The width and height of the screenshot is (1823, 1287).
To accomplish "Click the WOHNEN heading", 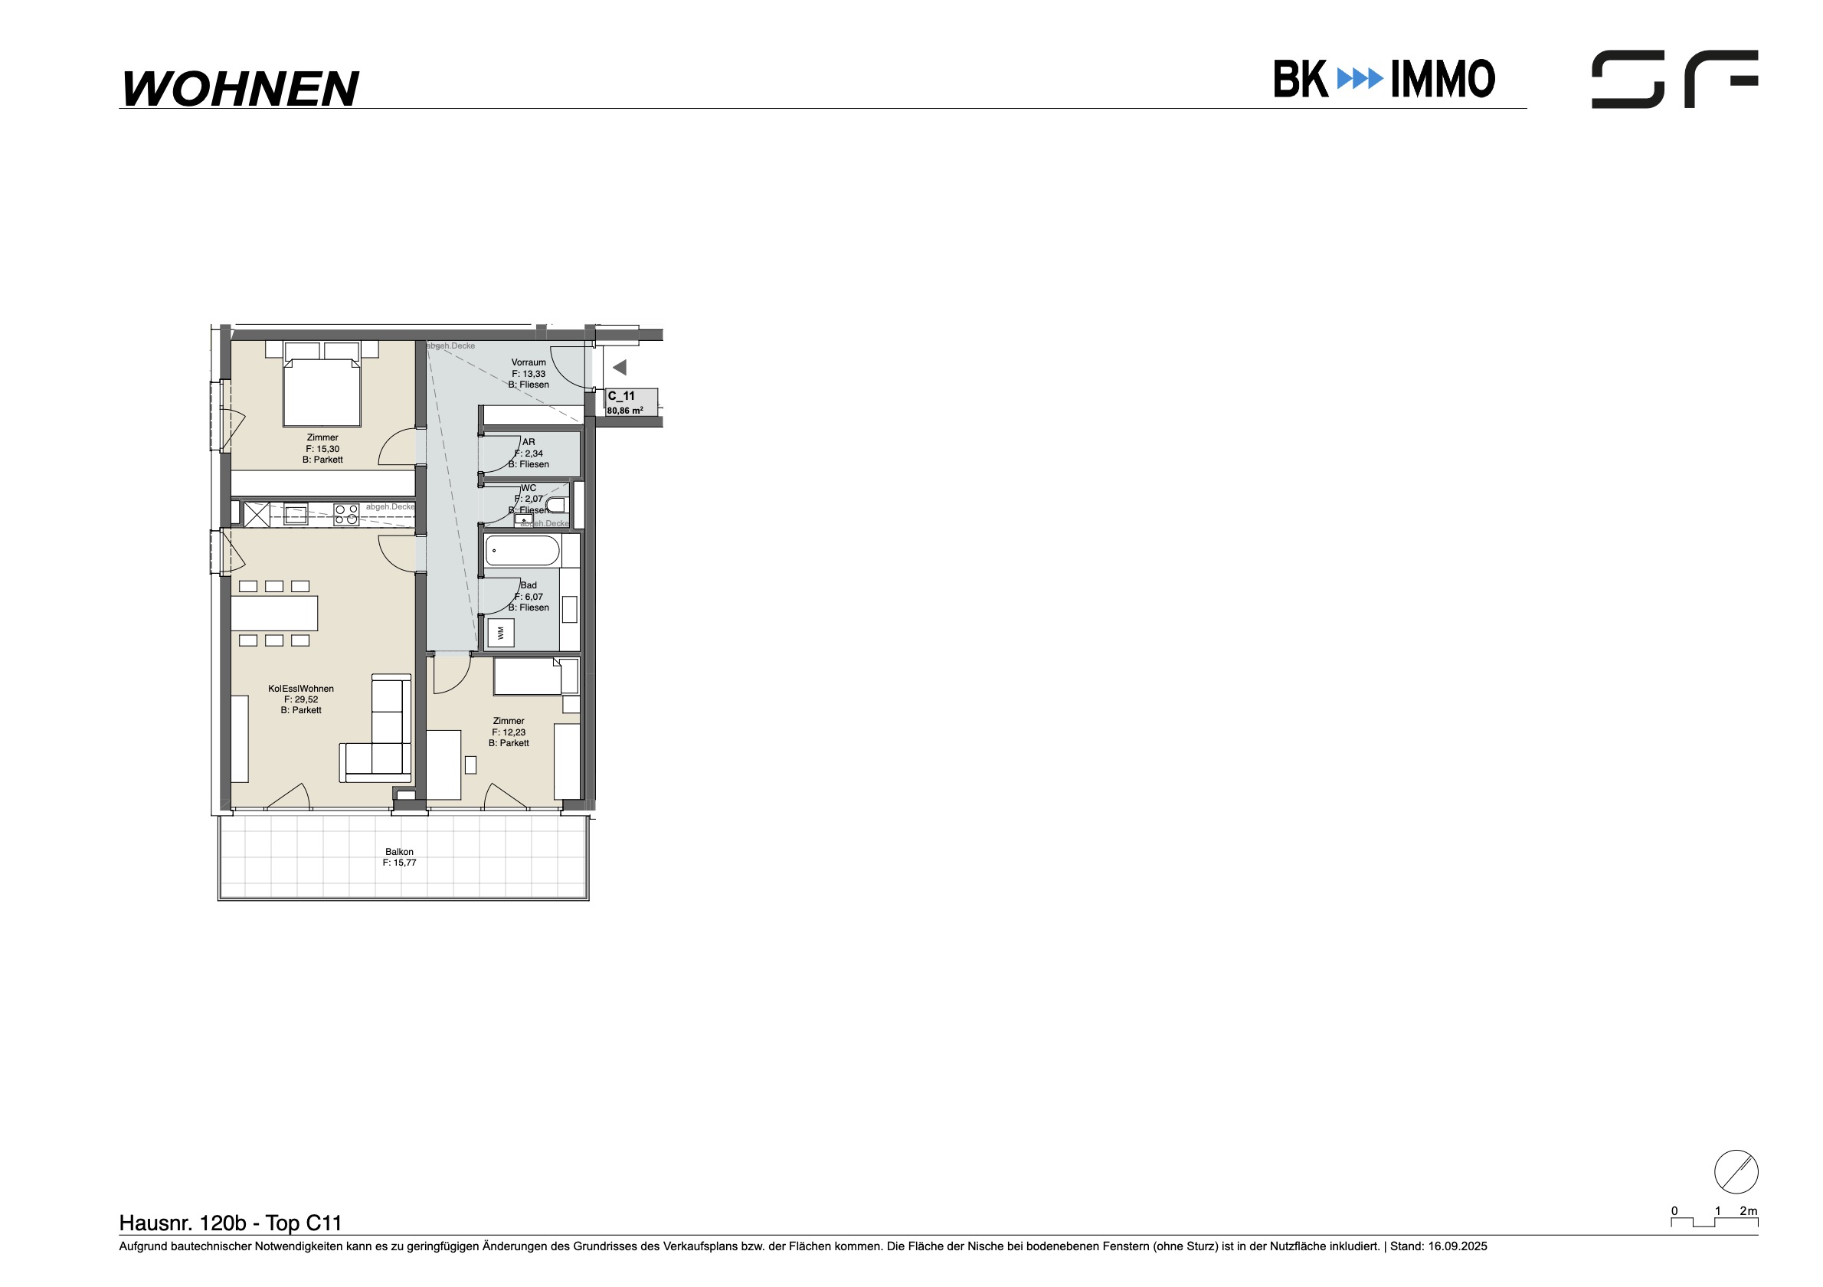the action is click(240, 88).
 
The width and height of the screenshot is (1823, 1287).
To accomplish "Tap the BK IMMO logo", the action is click(1384, 79).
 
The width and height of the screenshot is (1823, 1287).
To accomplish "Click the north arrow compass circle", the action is click(1736, 1171).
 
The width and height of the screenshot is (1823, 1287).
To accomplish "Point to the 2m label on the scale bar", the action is click(1749, 1211).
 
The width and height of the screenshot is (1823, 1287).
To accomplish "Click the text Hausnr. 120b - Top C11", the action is click(231, 1223).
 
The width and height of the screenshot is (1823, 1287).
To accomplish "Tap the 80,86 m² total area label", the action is click(625, 411).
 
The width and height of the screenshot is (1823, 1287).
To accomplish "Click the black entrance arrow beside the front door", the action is click(620, 368).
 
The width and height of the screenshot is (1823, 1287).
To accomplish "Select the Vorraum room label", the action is click(529, 363).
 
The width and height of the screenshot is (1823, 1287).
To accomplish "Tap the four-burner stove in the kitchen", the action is click(346, 515).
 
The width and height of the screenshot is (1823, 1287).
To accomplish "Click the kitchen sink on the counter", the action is click(296, 515).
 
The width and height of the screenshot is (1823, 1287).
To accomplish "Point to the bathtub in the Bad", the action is click(522, 550).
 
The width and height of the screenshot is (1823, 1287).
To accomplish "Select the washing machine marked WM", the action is click(500, 633).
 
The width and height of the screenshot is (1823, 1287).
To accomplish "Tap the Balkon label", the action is click(399, 852).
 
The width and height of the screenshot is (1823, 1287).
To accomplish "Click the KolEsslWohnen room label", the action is click(301, 689).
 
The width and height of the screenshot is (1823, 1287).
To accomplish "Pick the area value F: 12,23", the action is click(509, 733).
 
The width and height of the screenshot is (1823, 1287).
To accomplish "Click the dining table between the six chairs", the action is click(275, 613).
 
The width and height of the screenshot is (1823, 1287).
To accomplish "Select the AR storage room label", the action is click(529, 442).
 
